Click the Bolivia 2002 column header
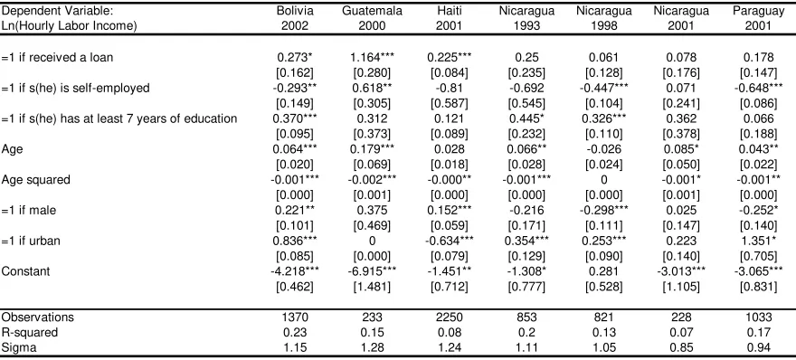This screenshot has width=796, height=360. pyautogui.click(x=295, y=18)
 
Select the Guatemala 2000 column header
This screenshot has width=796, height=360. pyautogui.click(x=372, y=18)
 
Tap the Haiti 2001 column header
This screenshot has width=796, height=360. pyautogui.click(x=450, y=18)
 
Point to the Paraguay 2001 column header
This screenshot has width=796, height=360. pyautogui.click(x=758, y=18)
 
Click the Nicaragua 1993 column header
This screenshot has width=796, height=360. pyautogui.click(x=526, y=18)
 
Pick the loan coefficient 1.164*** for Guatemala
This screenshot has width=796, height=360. pyautogui.click(x=372, y=57)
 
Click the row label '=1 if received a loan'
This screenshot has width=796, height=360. pyautogui.click(x=57, y=57)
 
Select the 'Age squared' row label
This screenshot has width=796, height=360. pyautogui.click(x=36, y=180)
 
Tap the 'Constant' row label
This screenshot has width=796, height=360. pyautogui.click(x=26, y=271)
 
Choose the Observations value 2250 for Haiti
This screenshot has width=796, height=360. pyautogui.click(x=450, y=317)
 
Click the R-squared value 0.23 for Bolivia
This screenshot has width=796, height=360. pyautogui.click(x=295, y=333)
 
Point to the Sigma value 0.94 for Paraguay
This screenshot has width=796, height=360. pyautogui.click(x=758, y=348)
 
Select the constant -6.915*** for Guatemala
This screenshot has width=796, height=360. pyautogui.click(x=372, y=271)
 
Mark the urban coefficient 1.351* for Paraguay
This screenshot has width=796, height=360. pyautogui.click(x=758, y=241)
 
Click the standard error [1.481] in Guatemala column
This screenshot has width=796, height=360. pyautogui.click(x=372, y=287)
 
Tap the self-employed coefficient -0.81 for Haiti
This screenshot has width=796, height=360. pyautogui.click(x=450, y=88)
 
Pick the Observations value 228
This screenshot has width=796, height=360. pyautogui.click(x=681, y=317)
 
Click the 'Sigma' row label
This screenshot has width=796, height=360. pyautogui.click(x=19, y=348)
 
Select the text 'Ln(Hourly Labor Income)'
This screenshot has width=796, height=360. pyautogui.click(x=70, y=26)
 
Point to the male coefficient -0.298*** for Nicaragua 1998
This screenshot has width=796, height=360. pyautogui.click(x=603, y=210)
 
